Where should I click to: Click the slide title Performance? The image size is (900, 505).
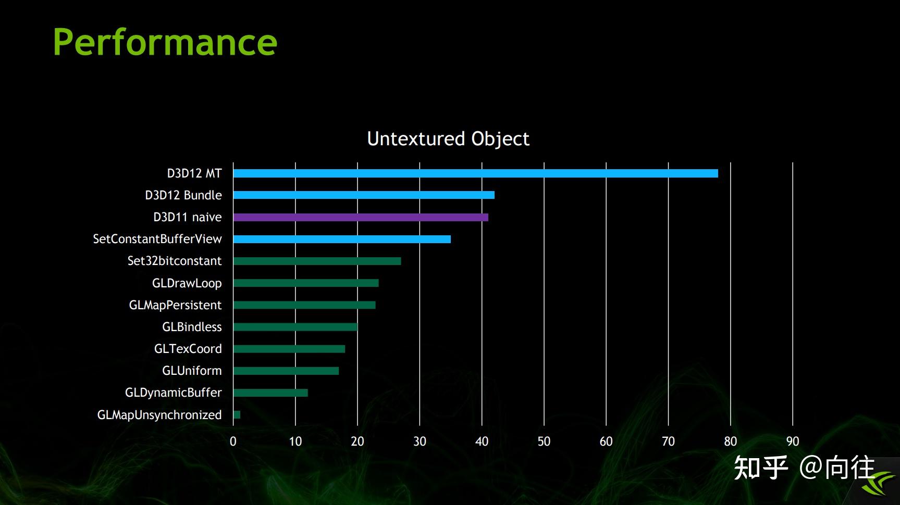point(165,43)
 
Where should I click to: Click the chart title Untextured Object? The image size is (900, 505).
point(448,139)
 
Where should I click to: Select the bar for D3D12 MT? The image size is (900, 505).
point(475,173)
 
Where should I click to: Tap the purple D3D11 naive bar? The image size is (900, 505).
point(361,217)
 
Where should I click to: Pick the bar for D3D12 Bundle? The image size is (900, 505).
point(364,195)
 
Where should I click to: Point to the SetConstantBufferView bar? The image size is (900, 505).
point(342,239)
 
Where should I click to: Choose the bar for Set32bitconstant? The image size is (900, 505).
point(317,261)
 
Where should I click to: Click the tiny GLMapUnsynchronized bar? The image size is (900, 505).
point(237,414)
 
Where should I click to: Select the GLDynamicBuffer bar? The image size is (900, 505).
point(270,393)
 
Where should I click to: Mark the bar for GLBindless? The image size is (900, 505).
point(295,327)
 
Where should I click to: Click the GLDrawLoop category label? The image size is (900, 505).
point(187,283)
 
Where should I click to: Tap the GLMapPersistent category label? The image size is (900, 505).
point(176,305)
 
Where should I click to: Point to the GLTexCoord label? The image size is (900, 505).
point(188,349)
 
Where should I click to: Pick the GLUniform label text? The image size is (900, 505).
point(192,371)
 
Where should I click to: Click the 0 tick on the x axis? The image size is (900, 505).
point(233,441)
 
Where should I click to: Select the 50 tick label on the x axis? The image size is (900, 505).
point(544,441)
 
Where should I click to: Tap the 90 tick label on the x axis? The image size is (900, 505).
point(793,441)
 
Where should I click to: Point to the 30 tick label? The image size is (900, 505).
point(420,441)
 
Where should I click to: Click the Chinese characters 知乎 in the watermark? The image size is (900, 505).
point(761,468)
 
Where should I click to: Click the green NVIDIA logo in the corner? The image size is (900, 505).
point(879,483)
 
